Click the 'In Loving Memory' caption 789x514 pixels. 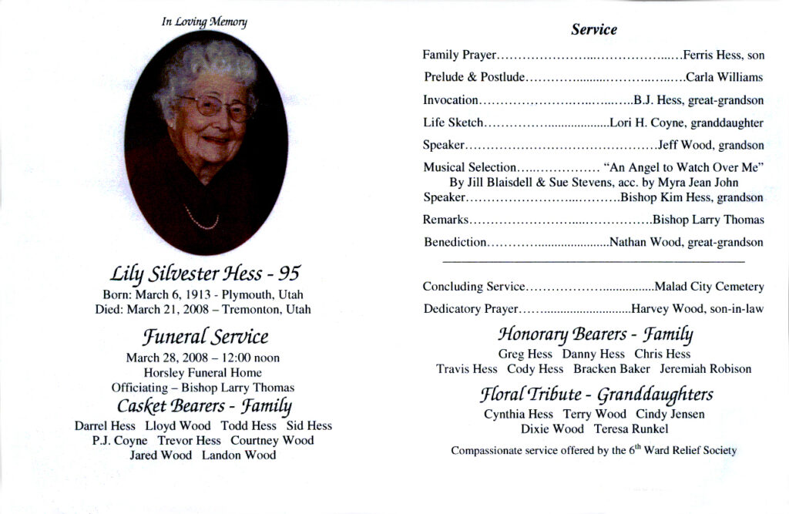[204, 22]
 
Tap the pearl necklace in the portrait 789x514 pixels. [202, 220]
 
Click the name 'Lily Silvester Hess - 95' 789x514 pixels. [206, 274]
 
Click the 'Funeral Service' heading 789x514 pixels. [205, 337]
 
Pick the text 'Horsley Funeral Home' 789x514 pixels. [203, 372]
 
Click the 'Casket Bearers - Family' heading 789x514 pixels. [204, 405]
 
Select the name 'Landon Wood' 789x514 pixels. [239, 455]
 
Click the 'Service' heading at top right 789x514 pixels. [594, 30]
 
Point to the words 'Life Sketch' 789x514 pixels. [453, 123]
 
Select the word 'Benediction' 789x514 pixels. [455, 243]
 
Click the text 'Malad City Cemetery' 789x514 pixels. [709, 287]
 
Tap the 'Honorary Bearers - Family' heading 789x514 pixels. [595, 334]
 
